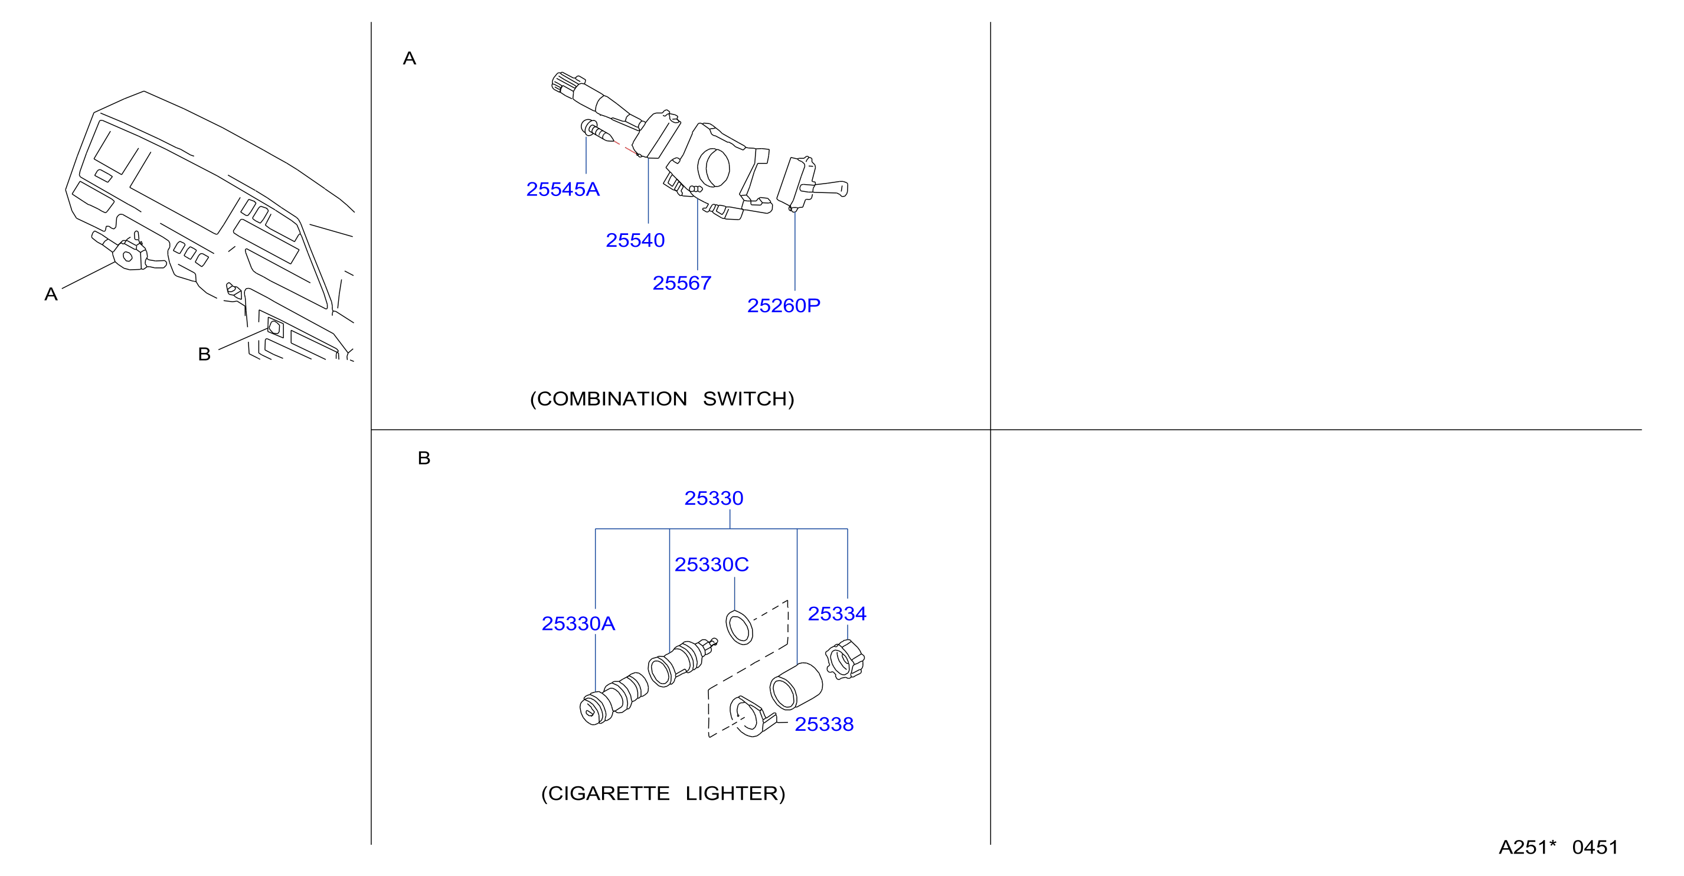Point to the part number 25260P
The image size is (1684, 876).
pos(783,305)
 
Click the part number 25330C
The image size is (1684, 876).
pos(711,564)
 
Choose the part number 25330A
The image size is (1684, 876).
pos(578,624)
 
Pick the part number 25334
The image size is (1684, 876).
pos(837,613)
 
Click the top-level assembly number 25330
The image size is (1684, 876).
pos(713,498)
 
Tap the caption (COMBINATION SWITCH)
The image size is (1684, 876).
pos(662,399)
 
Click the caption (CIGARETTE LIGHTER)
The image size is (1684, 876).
pos(663,793)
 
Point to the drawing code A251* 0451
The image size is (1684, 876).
pos(1558,847)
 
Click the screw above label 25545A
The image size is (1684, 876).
pos(597,132)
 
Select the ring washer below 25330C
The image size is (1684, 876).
pos(740,627)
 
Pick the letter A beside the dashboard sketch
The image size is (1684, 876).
pos(51,294)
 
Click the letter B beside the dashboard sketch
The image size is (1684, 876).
pos(204,354)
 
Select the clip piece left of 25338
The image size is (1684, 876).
pos(752,716)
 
